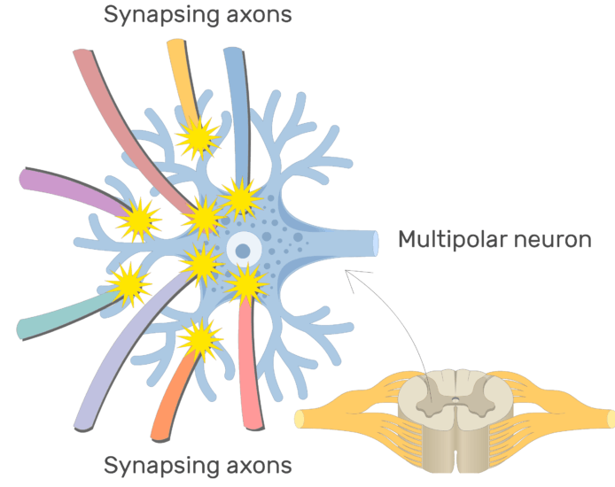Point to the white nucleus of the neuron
coord(242,251)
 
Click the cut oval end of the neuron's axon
coord(376,243)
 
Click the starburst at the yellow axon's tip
coord(197,137)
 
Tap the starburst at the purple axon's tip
coord(140,218)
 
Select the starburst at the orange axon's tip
coord(199,338)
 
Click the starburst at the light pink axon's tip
coord(245,283)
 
